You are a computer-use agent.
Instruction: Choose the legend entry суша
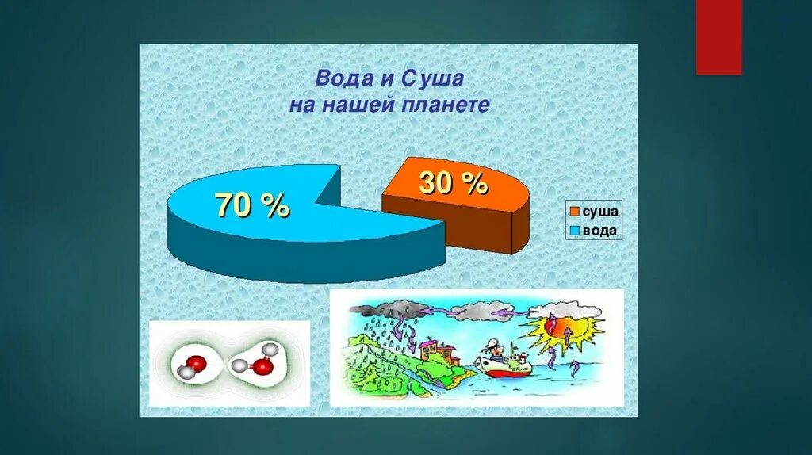tap(600, 212)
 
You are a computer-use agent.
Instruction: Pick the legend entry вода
tap(600, 231)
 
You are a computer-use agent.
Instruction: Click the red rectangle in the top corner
tap(718, 37)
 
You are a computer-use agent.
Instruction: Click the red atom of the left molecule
tap(197, 364)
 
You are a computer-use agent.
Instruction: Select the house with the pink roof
tap(433, 348)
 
